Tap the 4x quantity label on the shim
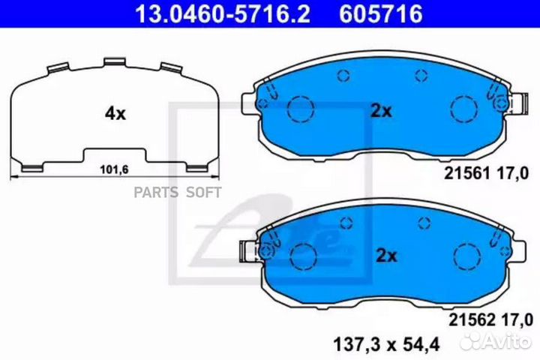pyautogui.click(x=115, y=114)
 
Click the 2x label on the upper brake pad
pyautogui.click(x=381, y=111)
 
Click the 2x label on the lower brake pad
pyautogui.click(x=385, y=256)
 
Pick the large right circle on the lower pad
pyautogui.click(x=463, y=254)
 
